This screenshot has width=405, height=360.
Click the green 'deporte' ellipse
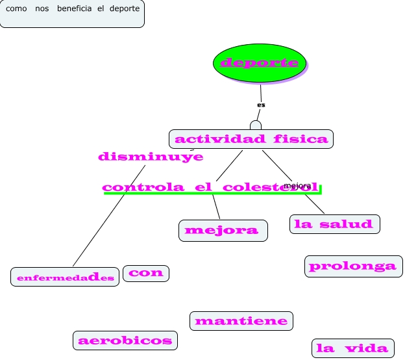(x=260, y=63)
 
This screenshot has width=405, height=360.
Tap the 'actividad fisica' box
(x=251, y=138)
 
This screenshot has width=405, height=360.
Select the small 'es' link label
(x=261, y=105)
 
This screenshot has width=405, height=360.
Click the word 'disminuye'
(x=151, y=157)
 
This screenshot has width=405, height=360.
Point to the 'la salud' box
(x=334, y=224)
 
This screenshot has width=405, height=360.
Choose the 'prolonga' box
(x=353, y=266)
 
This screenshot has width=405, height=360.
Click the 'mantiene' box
(x=241, y=321)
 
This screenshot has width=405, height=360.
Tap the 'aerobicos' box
(x=125, y=340)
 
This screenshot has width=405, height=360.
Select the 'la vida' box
(x=353, y=348)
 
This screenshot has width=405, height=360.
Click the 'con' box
(x=146, y=273)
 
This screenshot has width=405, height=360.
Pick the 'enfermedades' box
(x=66, y=277)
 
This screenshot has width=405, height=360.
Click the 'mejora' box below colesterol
(x=223, y=230)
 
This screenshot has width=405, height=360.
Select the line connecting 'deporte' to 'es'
(x=261, y=92)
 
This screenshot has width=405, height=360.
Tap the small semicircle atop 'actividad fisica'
(x=256, y=125)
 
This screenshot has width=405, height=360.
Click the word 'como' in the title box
(x=16, y=8)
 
